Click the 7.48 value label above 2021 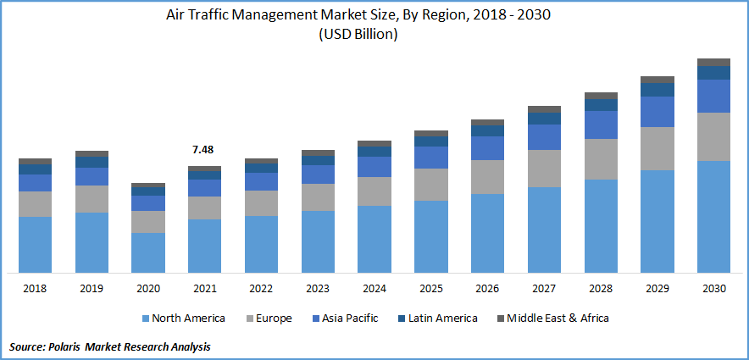tap(203, 149)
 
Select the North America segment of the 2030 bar tap(713, 216)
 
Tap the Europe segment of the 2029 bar tap(657, 148)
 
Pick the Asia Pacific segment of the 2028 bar tap(601, 125)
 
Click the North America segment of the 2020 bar tap(148, 252)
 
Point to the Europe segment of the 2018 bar tap(36, 203)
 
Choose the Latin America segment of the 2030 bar tap(713, 72)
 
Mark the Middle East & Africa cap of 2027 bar tap(544, 109)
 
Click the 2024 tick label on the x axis tap(374, 289)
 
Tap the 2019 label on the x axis tap(92, 289)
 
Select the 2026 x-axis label tap(487, 289)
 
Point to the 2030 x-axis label tap(713, 289)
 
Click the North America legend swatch tap(145, 318)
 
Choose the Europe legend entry tap(269, 318)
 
